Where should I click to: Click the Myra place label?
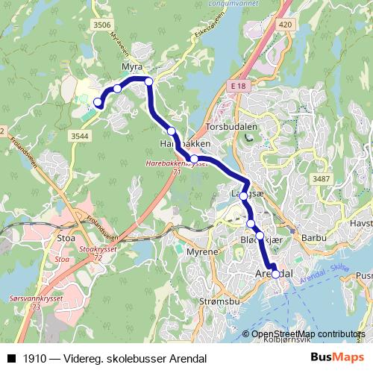click(131, 66)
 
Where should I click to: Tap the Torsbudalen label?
click(231, 127)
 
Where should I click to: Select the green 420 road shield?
click(285, 25)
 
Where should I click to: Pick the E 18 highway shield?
click(238, 87)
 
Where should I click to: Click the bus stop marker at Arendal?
click(275, 274)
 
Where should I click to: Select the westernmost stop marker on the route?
click(97, 102)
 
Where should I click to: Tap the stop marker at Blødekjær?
click(260, 236)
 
